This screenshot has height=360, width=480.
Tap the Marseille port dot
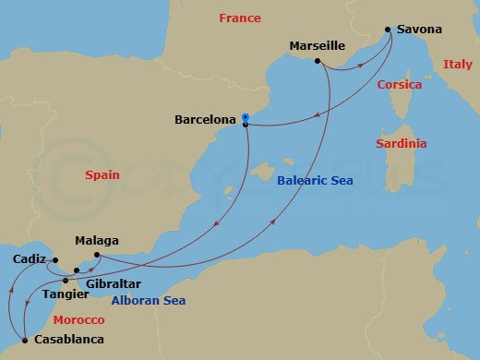coord(317,62)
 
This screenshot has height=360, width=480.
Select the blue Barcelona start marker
coord(246,117)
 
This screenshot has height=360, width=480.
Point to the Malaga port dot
coord(97,255)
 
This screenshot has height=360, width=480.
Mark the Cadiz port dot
coord(54,260)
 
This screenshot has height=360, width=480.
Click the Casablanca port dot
coord(25,340)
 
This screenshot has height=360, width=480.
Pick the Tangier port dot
coord(66,280)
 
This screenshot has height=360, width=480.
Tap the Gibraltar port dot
coord(77,270)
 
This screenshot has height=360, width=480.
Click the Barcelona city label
coord(206,119)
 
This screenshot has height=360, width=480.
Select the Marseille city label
coord(317,44)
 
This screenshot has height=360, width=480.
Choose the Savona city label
coord(419,30)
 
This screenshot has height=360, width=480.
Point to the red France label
coord(239,18)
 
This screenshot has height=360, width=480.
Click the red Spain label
coord(102,174)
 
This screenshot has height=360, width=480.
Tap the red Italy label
coord(457,65)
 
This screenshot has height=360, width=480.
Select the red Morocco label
coord(78,319)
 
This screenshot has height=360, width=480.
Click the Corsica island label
coord(400,85)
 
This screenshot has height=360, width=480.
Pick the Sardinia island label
coord(402,144)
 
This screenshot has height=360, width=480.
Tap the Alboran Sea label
coord(148,301)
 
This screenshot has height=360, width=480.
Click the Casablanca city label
coord(68,340)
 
